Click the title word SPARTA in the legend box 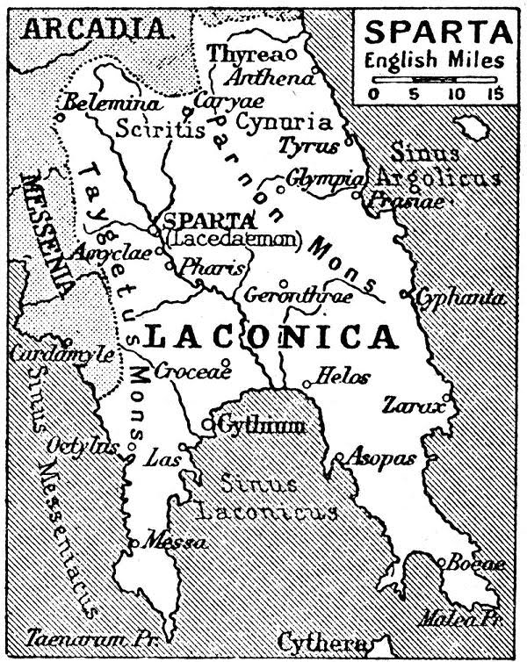tap(435, 32)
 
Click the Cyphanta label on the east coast tap(461, 299)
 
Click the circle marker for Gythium tap(208, 425)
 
